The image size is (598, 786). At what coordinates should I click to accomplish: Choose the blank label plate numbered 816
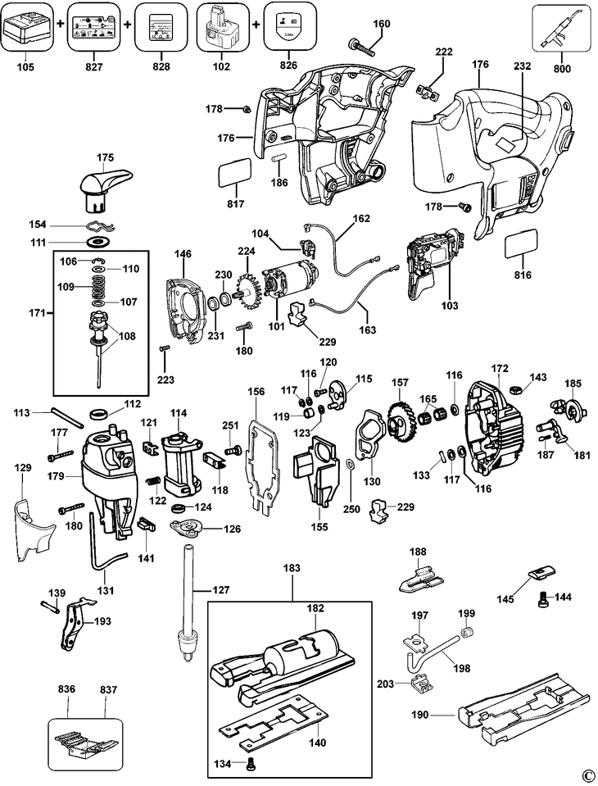click(x=521, y=244)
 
